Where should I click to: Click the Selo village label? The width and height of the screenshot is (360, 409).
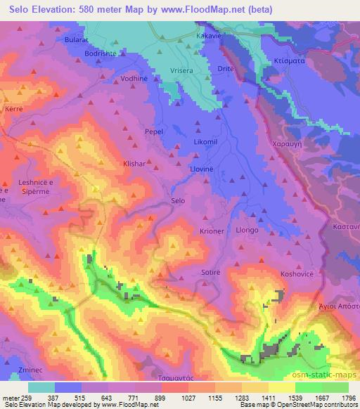point(178,201)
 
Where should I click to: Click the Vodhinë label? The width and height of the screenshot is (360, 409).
point(135,79)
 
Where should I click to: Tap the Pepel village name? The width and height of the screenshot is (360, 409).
point(153,131)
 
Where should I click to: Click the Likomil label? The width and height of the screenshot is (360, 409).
point(205,141)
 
